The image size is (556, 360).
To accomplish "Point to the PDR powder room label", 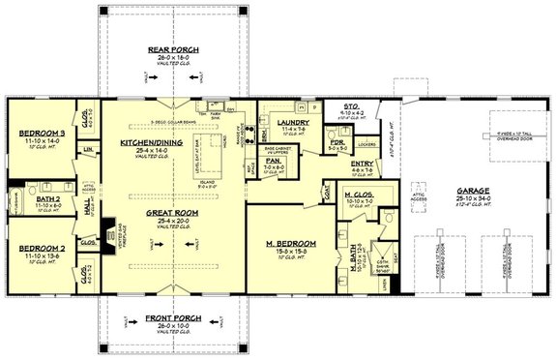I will click(x=338, y=143).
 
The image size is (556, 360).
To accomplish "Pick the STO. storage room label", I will click(x=354, y=107).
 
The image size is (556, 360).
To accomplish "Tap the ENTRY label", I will click(x=363, y=164).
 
